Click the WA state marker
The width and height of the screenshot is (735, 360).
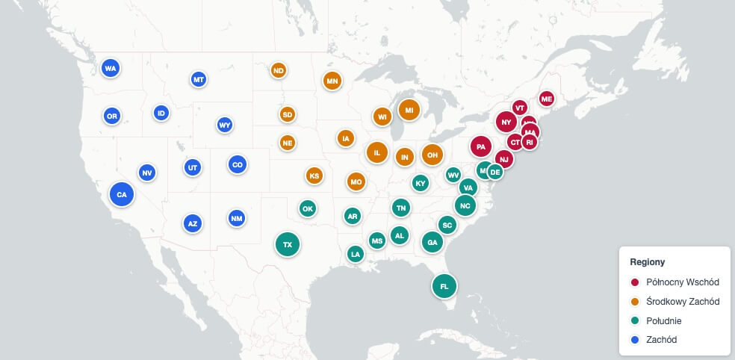point(111,69)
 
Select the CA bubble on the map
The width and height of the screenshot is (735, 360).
point(122,194)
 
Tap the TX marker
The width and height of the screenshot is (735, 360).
point(287,244)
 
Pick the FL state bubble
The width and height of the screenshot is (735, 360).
point(444,285)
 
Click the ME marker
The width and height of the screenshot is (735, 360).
point(546,99)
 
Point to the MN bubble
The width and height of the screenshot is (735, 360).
point(332,81)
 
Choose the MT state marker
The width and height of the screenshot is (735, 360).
point(198,78)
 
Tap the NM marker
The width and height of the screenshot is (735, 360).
point(237,218)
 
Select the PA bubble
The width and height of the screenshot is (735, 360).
point(481,146)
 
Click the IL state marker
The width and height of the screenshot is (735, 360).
point(377,152)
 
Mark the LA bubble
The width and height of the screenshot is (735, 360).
point(356,254)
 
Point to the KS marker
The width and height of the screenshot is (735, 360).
point(314,176)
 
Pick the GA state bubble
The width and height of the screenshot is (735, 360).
point(432,242)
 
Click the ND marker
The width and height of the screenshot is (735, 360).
point(279,71)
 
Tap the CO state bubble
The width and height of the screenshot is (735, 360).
point(237,164)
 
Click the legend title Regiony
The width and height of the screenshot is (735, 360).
point(648,262)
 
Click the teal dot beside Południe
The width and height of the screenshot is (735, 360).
point(635,321)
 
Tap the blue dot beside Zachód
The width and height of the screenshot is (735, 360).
point(635,340)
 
